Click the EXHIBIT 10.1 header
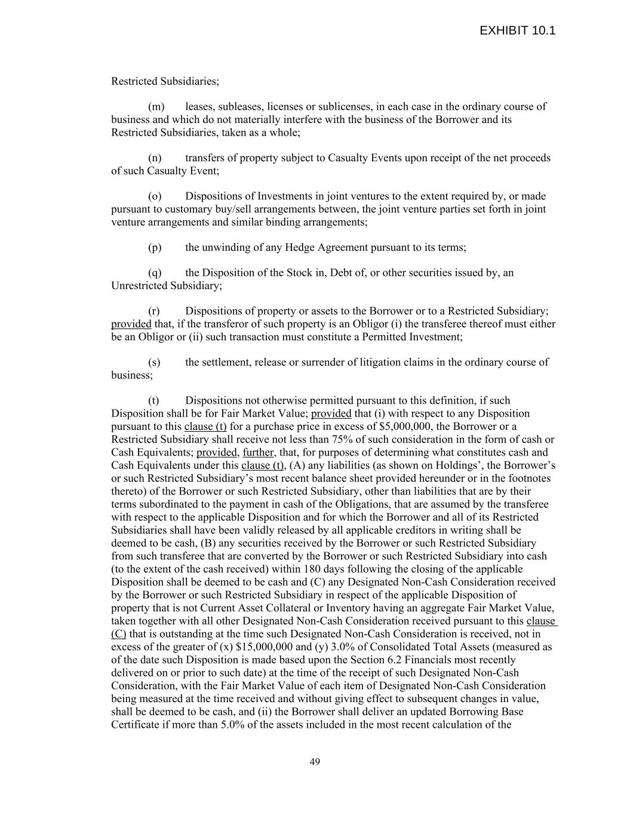(x=517, y=30)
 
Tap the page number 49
(x=315, y=762)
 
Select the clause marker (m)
(x=156, y=107)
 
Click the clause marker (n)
(x=155, y=158)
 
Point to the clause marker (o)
(x=155, y=196)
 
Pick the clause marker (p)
(x=155, y=247)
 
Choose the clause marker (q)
(x=155, y=273)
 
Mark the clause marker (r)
(x=154, y=311)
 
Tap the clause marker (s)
(x=154, y=362)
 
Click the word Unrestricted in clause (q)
(x=139, y=286)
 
